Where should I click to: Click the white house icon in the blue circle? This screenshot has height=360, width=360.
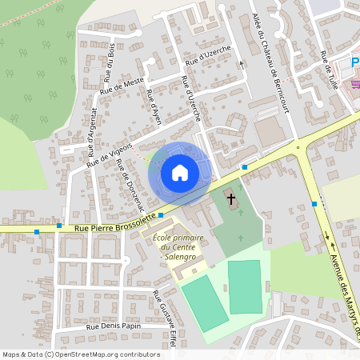tap(179, 173)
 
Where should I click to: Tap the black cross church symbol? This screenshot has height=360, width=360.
tap(232, 198)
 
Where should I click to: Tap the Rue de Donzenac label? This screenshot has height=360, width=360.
tap(126, 181)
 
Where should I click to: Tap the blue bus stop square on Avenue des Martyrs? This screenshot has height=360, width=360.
tap(314, 204)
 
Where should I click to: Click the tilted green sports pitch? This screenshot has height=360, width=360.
tap(206, 302)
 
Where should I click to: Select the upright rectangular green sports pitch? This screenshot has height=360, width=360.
tap(245, 286)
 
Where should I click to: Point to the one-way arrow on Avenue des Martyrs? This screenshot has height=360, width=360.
tap(327, 236)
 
